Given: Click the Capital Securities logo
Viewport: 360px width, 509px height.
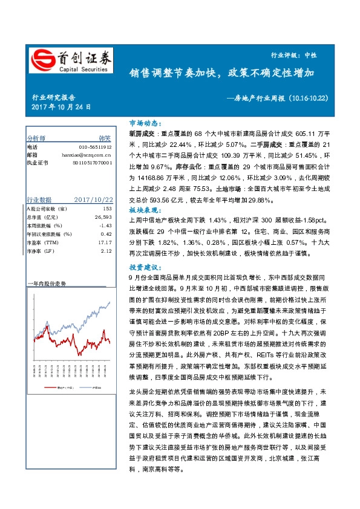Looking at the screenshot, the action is [x=71, y=60].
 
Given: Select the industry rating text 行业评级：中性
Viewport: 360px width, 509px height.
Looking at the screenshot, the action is [x=310, y=54].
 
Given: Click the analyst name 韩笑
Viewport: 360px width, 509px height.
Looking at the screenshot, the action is [x=105, y=138].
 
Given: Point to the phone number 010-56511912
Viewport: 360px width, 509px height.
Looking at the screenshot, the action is [x=95, y=147].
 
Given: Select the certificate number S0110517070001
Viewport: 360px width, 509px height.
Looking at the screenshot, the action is [x=92, y=163].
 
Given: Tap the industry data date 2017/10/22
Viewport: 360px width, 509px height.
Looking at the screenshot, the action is [x=93, y=199].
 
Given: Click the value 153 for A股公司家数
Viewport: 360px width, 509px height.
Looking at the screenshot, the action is [x=108, y=209].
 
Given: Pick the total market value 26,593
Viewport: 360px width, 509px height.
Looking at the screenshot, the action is [x=103, y=217].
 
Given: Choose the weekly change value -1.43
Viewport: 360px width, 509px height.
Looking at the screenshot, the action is [x=106, y=225].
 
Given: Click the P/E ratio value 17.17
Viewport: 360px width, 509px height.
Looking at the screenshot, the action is [x=105, y=242].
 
